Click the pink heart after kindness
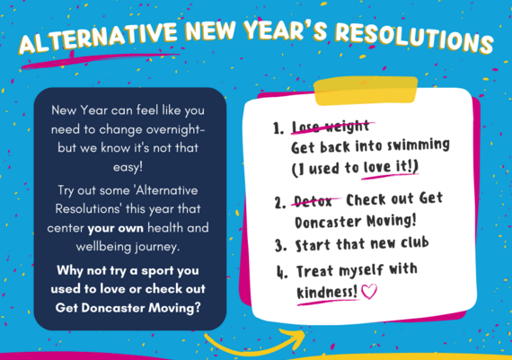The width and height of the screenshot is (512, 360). click(371, 292)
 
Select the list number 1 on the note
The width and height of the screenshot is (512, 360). click(278, 128)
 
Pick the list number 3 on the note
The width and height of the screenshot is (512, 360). click(278, 244)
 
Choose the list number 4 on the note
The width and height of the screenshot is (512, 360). click(278, 270)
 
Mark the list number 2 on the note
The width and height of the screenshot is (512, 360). click(278, 200)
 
